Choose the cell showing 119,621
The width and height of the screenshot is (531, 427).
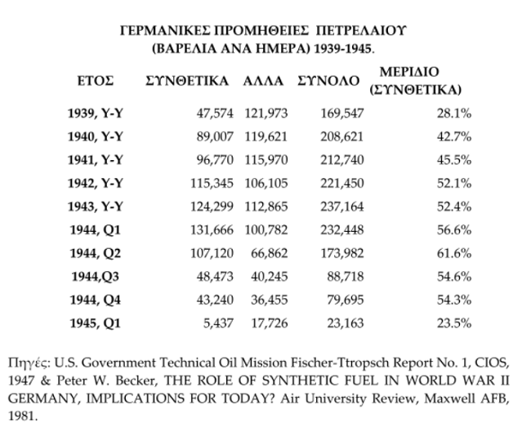pos(265,136)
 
